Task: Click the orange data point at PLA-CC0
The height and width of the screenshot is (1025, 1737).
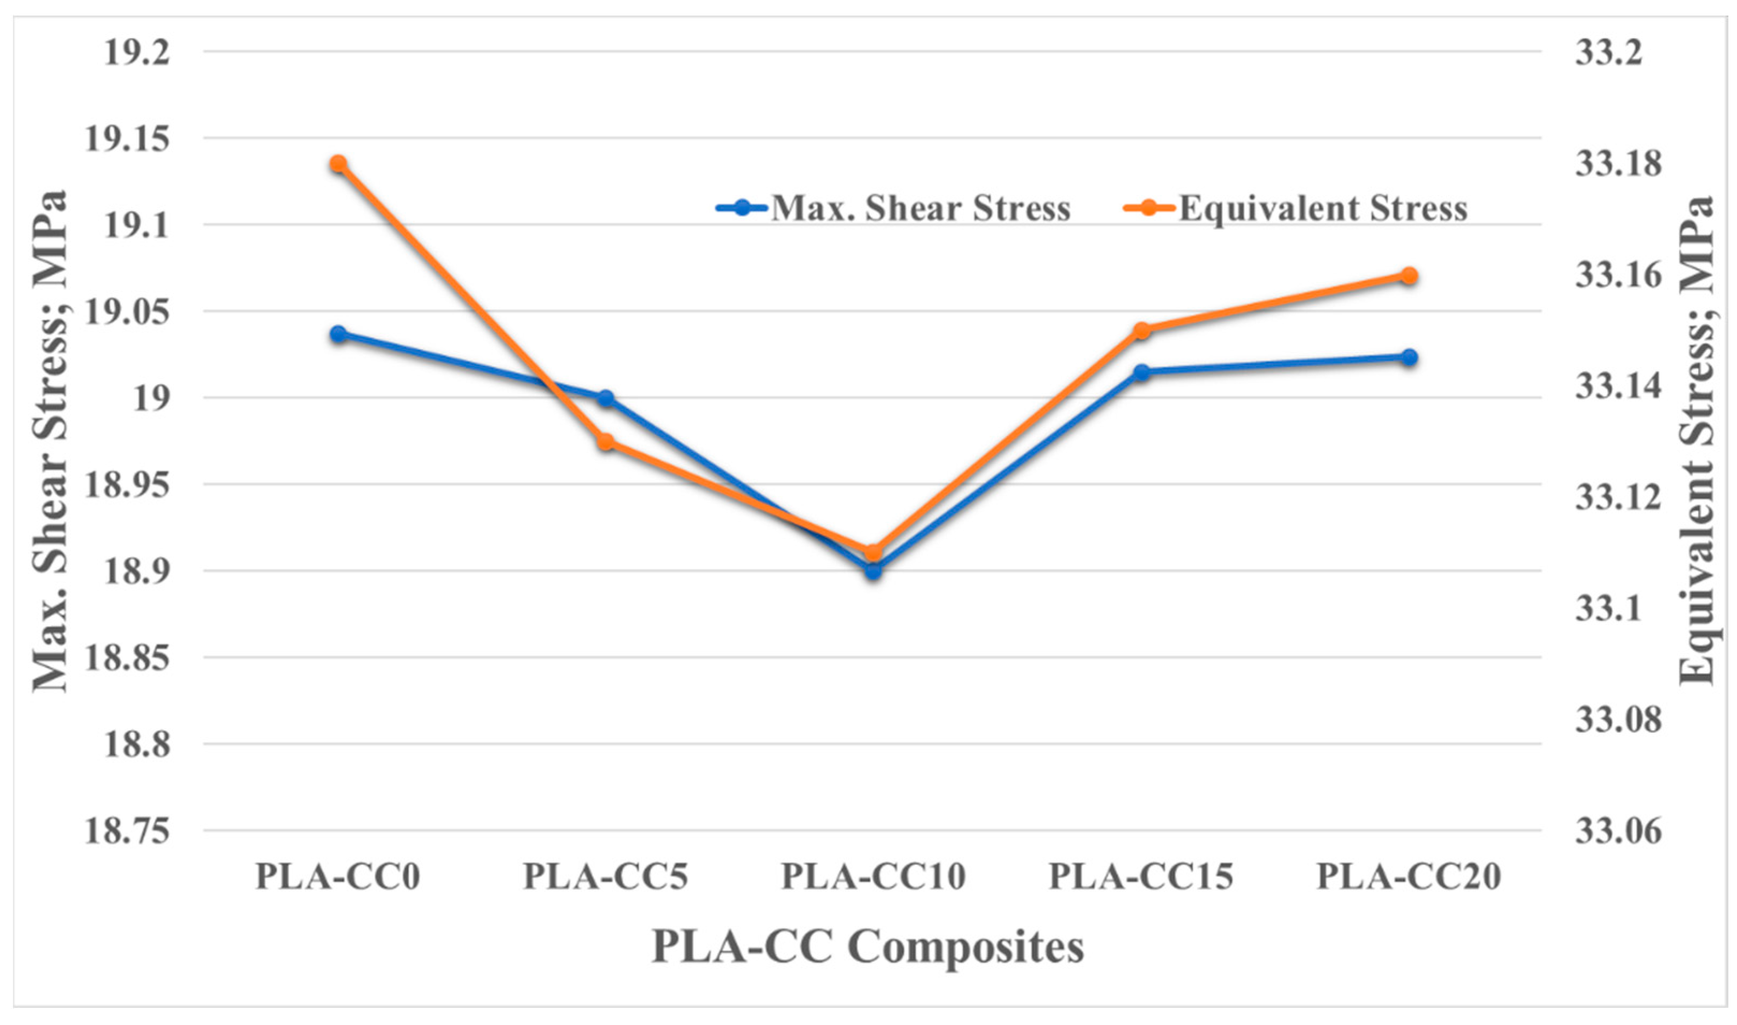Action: pos(339,164)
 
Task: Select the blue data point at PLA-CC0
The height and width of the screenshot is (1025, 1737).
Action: pos(339,334)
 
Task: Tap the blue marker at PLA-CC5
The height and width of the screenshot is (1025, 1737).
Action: pos(606,398)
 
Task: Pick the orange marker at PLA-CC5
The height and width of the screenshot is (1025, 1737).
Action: pos(606,442)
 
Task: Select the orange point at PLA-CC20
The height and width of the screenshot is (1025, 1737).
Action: pos(1410,276)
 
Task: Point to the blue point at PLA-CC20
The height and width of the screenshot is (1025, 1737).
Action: pos(1410,357)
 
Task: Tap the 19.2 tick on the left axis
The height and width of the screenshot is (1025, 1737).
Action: pos(137,53)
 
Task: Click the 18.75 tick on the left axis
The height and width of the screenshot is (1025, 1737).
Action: pos(127,831)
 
